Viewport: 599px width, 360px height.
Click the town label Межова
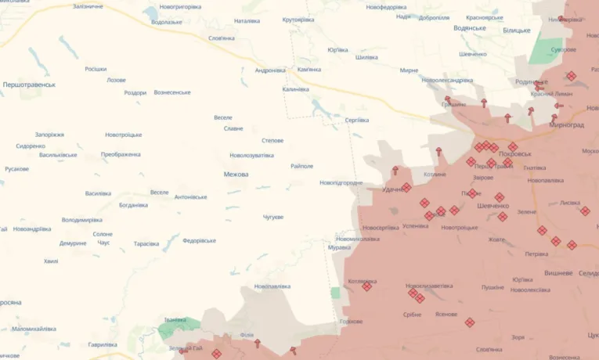pos(236,175)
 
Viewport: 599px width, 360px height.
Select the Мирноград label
pos(567,124)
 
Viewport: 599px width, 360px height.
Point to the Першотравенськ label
pos(29,85)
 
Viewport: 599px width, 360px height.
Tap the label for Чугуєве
pos(272,217)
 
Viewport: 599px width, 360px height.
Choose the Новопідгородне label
pos(341,183)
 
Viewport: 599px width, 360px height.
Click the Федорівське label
pos(199,240)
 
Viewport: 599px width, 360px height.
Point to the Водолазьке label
pos(167,22)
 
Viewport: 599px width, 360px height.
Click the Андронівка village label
pos(270,70)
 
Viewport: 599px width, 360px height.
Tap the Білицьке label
pos(517,30)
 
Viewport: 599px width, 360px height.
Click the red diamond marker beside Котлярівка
pos(366,286)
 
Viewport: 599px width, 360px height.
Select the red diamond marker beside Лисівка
pos(585,211)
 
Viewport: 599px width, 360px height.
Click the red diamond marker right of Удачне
pos(406,187)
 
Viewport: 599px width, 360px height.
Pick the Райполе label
pos(301,166)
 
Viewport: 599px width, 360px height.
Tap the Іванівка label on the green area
pos(175,319)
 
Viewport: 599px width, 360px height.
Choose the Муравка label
pos(339,247)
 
